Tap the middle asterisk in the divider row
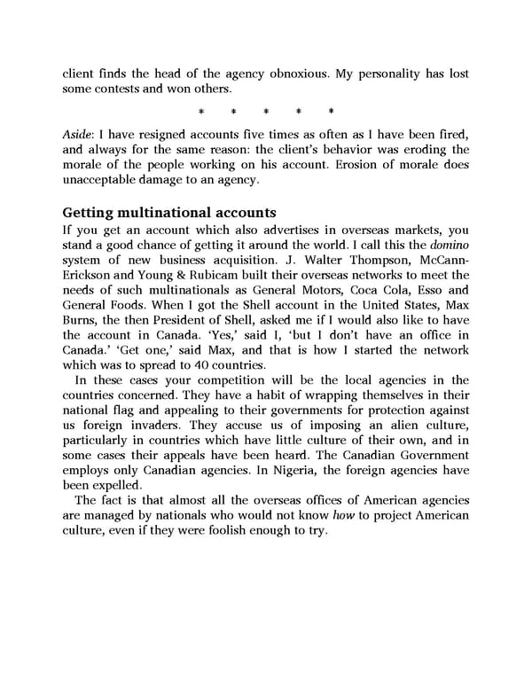pos(266,112)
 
